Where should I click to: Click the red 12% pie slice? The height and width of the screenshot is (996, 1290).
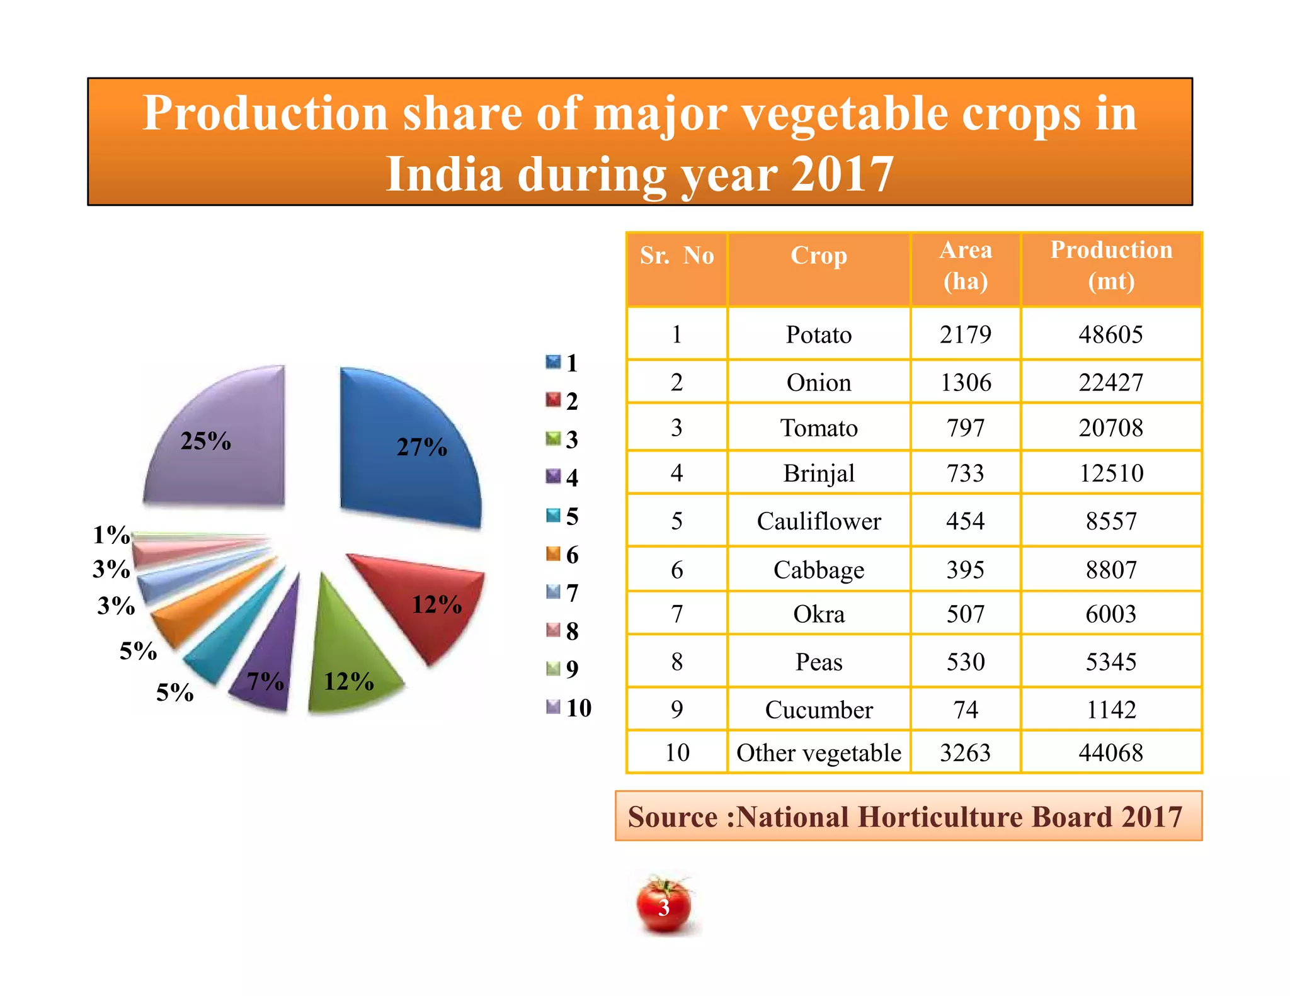tap(428, 598)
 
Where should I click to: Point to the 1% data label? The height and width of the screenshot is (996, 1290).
tap(111, 535)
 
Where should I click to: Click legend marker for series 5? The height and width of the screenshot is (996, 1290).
tap(552, 516)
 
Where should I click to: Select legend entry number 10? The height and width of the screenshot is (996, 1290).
tap(578, 708)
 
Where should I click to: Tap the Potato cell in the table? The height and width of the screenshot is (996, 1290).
tap(818, 334)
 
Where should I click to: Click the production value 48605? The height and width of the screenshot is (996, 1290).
tap(1110, 334)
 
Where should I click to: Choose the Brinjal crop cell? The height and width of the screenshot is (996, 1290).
tap(818, 473)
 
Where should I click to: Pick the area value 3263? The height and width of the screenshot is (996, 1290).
tap(965, 752)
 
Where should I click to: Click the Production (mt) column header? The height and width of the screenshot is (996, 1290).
tap(1111, 265)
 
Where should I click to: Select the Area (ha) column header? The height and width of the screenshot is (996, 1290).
tap(965, 265)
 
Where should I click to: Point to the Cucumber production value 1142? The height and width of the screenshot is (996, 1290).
tap(1111, 710)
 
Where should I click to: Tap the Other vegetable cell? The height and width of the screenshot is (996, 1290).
tap(818, 752)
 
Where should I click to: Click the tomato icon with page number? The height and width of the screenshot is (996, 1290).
tap(663, 905)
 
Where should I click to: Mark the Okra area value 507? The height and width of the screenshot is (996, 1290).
tap(965, 614)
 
